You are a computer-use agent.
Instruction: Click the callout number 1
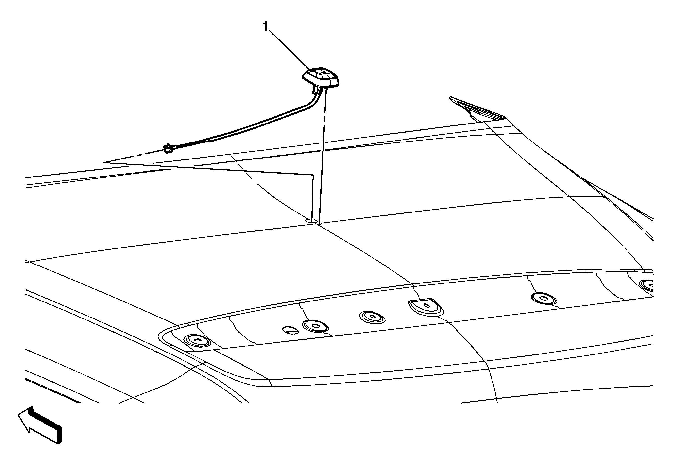click(x=265, y=27)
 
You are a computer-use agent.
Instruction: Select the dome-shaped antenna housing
click(x=321, y=77)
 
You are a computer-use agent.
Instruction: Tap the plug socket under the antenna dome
click(x=318, y=89)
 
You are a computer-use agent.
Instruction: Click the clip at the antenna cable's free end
click(x=168, y=148)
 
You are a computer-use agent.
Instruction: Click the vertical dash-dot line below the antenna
click(x=323, y=158)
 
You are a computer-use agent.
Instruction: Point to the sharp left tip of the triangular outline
click(x=103, y=162)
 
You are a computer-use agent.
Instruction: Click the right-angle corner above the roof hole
click(x=313, y=175)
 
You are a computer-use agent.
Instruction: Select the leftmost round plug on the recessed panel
click(x=197, y=340)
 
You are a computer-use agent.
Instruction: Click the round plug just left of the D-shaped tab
click(x=372, y=317)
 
